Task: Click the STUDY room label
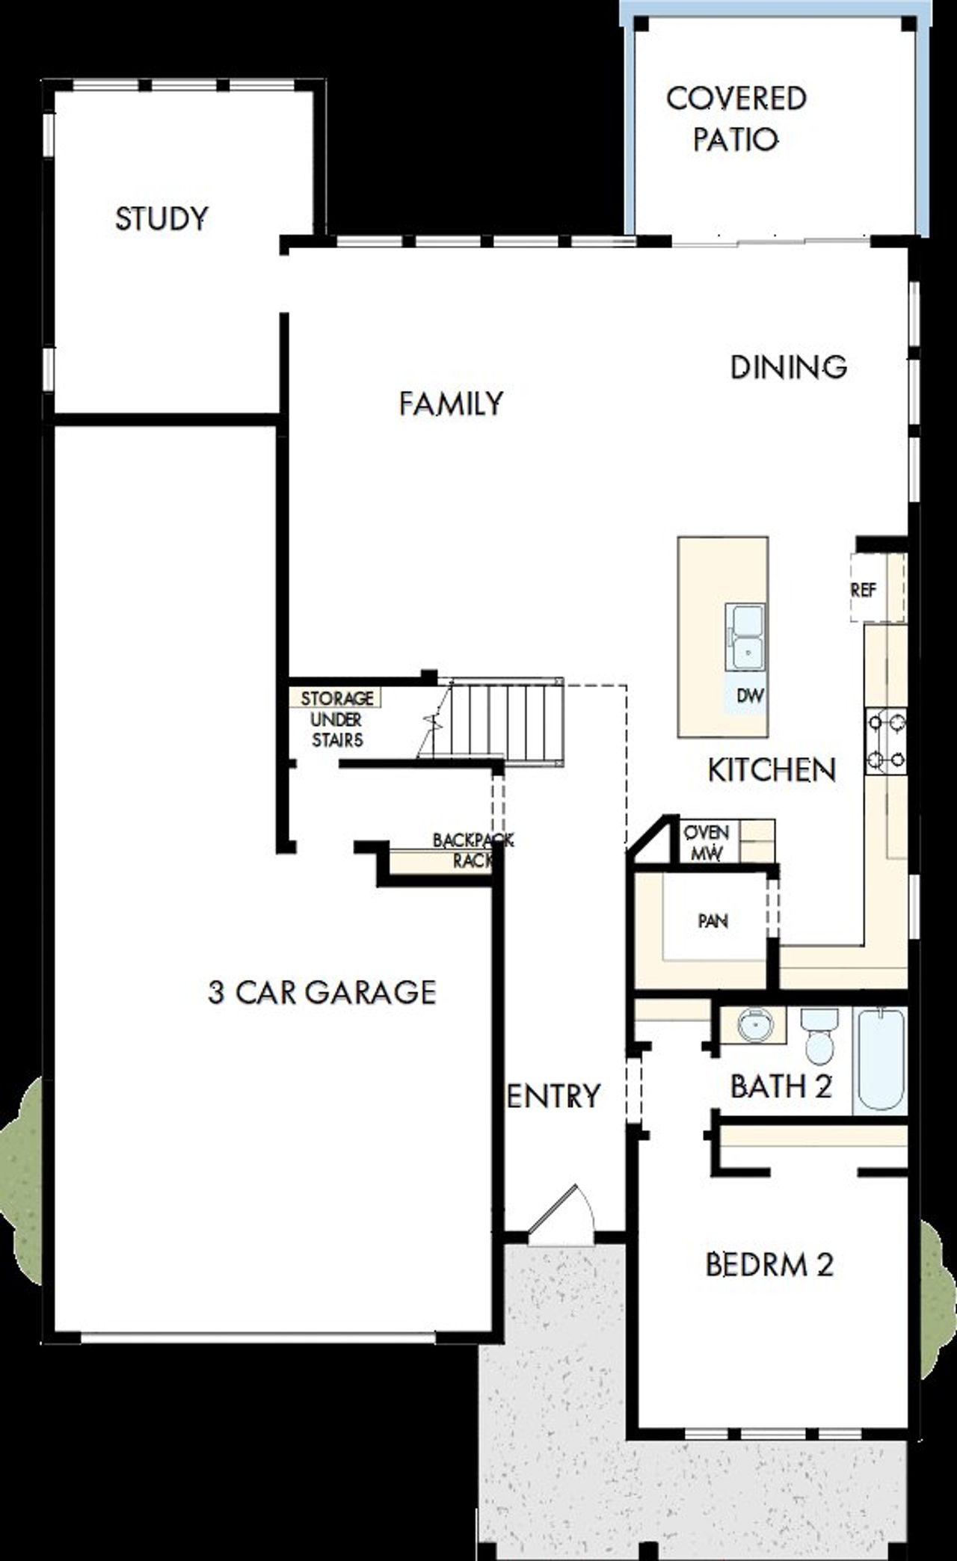click(x=161, y=219)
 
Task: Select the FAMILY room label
click(x=451, y=404)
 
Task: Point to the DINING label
click(x=788, y=367)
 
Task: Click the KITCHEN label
click(x=772, y=770)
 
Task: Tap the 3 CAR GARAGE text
click(x=322, y=993)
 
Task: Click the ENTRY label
click(x=553, y=1097)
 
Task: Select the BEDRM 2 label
click(x=769, y=1265)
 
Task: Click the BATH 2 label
click(x=781, y=1086)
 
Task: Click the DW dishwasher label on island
click(x=750, y=696)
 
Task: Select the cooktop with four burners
click(x=886, y=741)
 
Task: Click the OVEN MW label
click(x=707, y=843)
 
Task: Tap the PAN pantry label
click(x=713, y=921)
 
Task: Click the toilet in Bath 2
click(x=820, y=1037)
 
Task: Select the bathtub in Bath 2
click(x=881, y=1059)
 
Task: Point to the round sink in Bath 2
click(x=755, y=1024)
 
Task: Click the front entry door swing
click(x=562, y=1213)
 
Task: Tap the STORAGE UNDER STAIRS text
click(x=336, y=719)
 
